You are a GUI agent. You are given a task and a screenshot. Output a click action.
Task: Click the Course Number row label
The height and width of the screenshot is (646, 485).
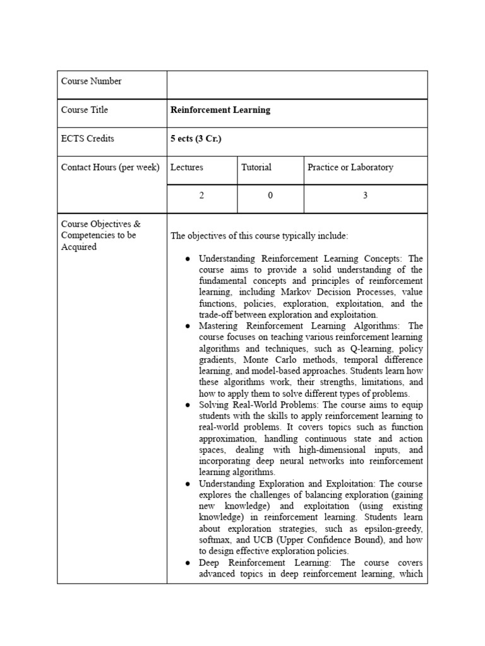(91, 81)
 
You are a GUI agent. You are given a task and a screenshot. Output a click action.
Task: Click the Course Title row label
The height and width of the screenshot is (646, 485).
(84, 110)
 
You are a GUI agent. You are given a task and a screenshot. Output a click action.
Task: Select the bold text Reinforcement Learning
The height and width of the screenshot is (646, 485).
(220, 110)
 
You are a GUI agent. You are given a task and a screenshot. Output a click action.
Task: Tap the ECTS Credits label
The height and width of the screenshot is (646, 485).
(87, 139)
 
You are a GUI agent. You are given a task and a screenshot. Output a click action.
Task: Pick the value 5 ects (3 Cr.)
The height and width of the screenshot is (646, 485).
(196, 139)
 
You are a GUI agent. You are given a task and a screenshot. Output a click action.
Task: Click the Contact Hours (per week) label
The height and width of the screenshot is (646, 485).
(110, 167)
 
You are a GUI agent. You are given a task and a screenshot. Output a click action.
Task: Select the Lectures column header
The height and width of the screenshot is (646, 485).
(187, 167)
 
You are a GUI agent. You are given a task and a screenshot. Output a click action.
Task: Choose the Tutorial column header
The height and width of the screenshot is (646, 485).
(256, 167)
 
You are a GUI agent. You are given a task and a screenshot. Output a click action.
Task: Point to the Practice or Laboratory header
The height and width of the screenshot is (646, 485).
(350, 167)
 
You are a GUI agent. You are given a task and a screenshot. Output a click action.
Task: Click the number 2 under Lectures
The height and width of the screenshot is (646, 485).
(202, 196)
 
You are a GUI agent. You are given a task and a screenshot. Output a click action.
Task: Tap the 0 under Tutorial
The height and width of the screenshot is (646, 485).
(270, 196)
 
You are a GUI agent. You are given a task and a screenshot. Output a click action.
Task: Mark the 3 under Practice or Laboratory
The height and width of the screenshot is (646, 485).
(365, 196)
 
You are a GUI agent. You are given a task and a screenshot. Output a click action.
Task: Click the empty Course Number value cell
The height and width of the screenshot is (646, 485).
(297, 85)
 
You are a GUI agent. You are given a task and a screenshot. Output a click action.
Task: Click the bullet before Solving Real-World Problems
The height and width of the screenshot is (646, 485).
(188, 405)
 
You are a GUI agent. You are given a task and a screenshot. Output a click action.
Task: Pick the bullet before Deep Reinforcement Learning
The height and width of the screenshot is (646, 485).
(188, 563)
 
